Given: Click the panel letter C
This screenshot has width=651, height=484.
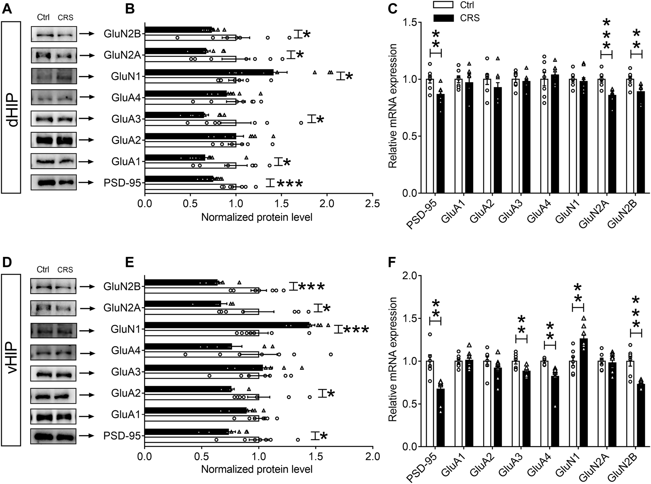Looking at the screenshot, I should [x=393, y=8].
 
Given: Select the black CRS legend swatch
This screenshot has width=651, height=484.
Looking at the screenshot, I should [x=444, y=18].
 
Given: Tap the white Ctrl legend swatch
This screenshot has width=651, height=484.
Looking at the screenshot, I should [x=444, y=5].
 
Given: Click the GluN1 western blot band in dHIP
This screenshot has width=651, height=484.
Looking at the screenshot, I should [x=54, y=76].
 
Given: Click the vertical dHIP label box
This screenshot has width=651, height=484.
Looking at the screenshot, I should [x=11, y=107].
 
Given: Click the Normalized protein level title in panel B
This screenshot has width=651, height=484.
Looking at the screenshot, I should [x=257, y=217].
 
